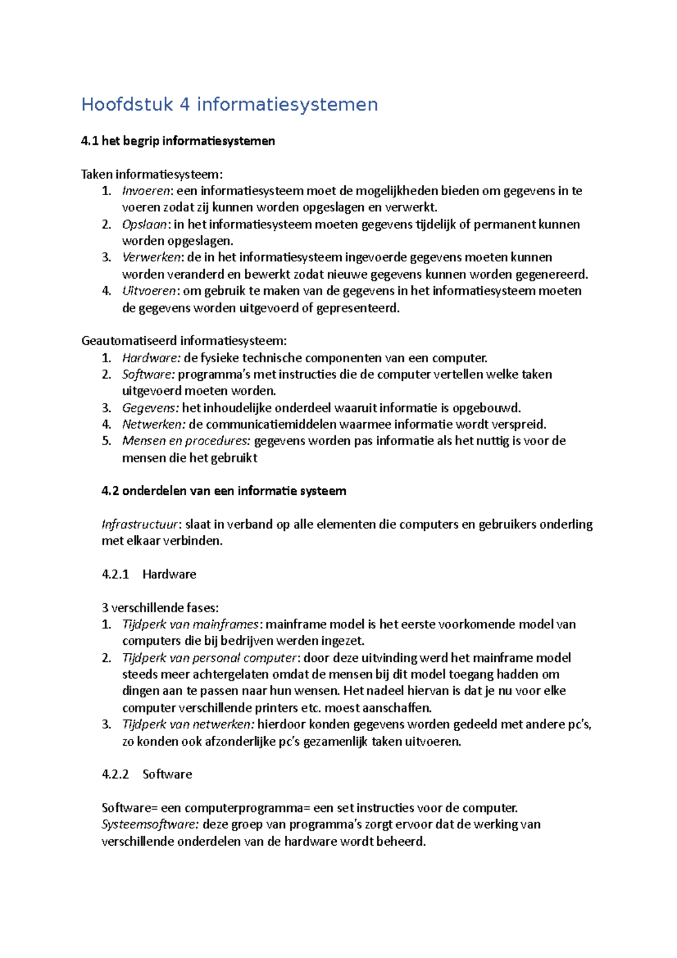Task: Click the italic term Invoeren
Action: point(146,191)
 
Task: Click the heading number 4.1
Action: point(90,141)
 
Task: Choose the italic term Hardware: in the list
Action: point(151,358)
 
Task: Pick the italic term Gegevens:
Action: point(151,408)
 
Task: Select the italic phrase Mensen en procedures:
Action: point(186,441)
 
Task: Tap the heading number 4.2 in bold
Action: point(110,491)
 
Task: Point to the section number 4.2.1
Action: point(115,574)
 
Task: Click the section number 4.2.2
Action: point(115,774)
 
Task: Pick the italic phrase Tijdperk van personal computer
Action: point(209,658)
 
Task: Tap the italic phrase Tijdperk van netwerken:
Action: point(188,724)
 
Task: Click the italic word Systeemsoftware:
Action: point(150,824)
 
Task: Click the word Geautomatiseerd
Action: point(129,341)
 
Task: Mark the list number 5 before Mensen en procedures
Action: point(106,441)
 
